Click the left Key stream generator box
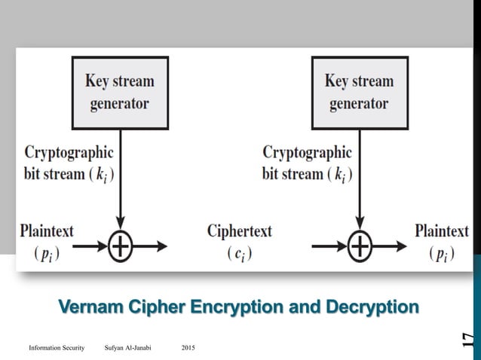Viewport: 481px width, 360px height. tap(121, 91)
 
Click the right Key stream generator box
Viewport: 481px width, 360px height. tap(359, 91)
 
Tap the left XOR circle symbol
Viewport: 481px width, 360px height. tap(121, 246)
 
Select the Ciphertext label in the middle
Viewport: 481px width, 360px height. tap(239, 230)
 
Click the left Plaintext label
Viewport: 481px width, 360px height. tap(47, 230)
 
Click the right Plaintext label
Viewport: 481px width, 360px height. tap(441, 230)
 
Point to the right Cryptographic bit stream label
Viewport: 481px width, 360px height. tap(307, 163)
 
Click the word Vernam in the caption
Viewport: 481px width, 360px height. tap(90, 307)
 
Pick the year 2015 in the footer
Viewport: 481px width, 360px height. tap(188, 347)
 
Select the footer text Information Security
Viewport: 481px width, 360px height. tap(57, 347)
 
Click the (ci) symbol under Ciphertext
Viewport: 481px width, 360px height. tap(239, 254)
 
